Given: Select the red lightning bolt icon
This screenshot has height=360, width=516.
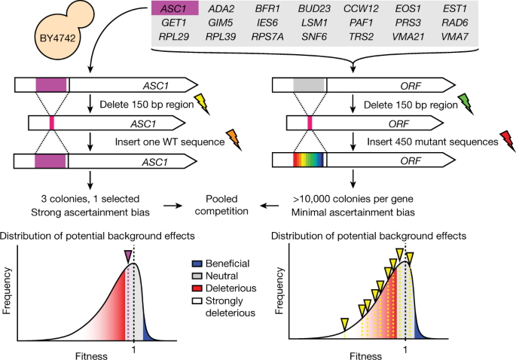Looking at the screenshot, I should coord(499,139).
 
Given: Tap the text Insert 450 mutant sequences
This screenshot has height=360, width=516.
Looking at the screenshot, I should coord(428,140).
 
